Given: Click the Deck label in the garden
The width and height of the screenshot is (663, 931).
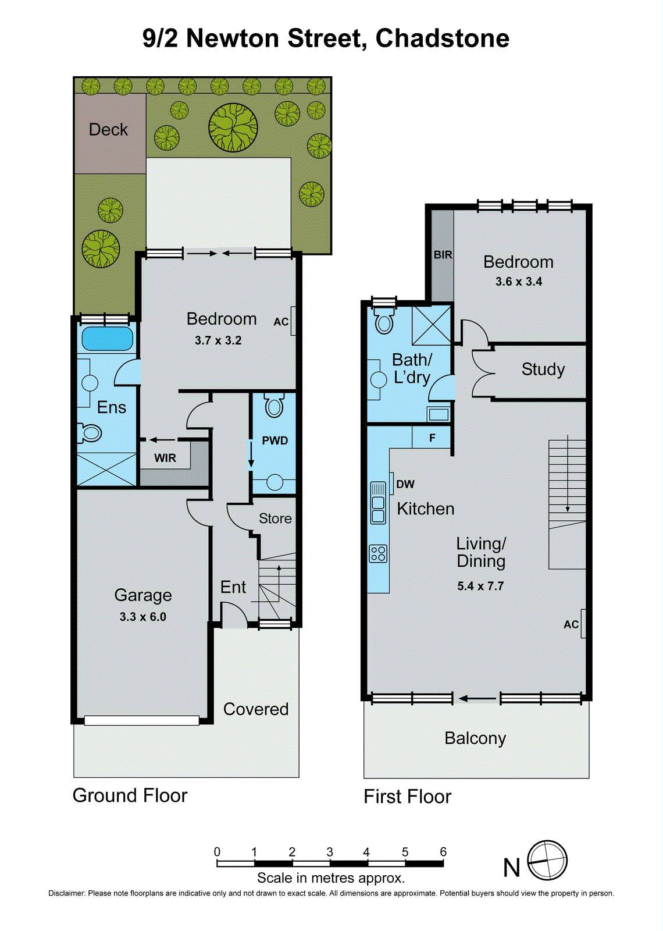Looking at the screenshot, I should click(108, 129).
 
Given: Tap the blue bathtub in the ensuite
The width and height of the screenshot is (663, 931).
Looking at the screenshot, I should click(107, 339).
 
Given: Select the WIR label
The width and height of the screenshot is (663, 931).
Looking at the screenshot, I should click(165, 458).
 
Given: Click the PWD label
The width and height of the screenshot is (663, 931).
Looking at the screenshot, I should click(275, 440).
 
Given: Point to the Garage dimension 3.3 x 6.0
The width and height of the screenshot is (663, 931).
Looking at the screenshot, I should click(142, 617).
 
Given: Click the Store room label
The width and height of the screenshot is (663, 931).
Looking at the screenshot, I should click(275, 518).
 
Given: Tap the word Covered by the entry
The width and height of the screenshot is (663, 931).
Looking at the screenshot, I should click(256, 709).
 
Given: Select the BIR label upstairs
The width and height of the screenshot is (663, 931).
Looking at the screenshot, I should click(443, 255).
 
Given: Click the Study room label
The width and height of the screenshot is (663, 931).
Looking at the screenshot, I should click(543, 369).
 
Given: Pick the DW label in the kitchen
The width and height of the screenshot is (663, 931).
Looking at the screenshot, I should click(405, 484).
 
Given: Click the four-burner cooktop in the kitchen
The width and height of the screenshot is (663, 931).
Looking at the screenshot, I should click(378, 553).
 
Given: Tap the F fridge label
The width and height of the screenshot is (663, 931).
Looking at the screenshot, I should click(432, 438).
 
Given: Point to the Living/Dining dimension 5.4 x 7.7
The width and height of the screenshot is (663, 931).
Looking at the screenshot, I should click(480, 586).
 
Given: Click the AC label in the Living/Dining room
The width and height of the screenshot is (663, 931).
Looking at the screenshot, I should click(571, 624).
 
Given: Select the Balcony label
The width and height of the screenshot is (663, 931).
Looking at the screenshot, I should click(475, 738).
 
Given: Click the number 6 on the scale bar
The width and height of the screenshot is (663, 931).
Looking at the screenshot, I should click(443, 852).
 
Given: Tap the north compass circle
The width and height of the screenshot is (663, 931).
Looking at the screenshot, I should click(547, 861).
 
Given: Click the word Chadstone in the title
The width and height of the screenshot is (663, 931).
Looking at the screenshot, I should click(442, 38).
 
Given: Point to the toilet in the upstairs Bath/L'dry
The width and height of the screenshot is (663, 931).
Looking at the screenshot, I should click(384, 321).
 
